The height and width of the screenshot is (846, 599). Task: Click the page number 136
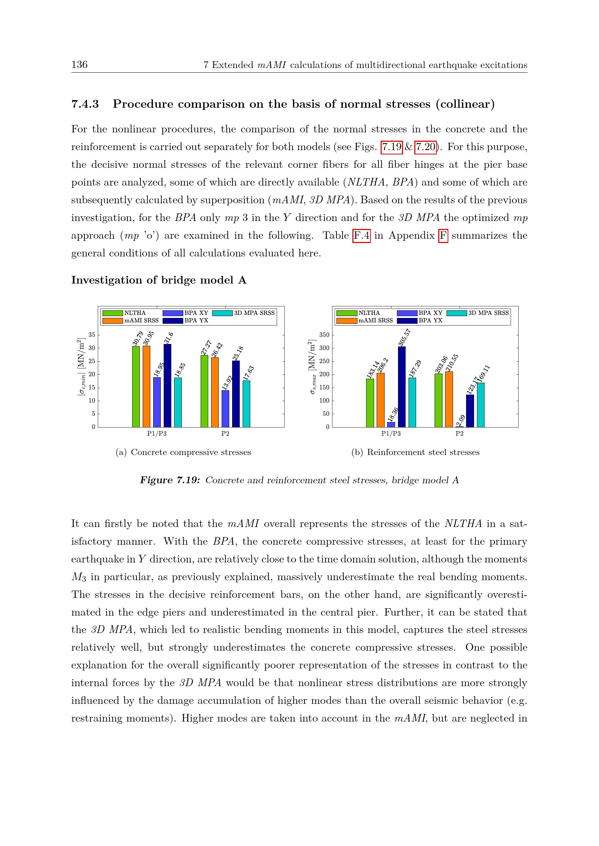(79, 65)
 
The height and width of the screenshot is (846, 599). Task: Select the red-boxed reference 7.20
(425, 147)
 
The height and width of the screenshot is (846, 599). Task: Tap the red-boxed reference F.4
(361, 235)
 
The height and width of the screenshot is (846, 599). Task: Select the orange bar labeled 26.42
(215, 392)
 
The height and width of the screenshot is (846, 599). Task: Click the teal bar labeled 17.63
(246, 404)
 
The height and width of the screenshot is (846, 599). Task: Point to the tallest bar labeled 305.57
(402, 387)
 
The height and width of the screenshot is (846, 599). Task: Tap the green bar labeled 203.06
(439, 400)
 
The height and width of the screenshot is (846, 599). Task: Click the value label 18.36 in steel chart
(393, 414)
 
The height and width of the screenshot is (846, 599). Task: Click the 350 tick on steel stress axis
(324, 335)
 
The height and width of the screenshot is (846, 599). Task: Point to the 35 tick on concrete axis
(92, 335)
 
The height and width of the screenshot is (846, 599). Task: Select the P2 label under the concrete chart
(225, 434)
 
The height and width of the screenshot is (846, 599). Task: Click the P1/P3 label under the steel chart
(391, 434)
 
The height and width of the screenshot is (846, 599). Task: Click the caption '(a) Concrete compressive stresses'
(183, 452)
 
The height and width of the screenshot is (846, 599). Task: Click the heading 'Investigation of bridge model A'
(159, 280)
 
